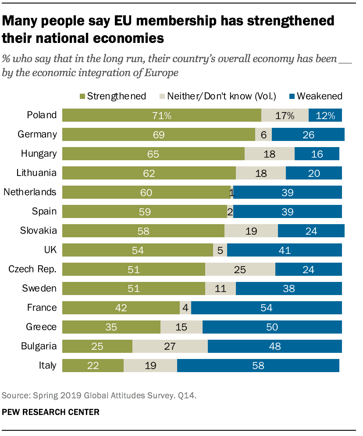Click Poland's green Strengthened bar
(x=161, y=115)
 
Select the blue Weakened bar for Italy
(x=258, y=366)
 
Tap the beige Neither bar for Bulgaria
(x=170, y=346)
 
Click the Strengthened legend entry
(x=113, y=96)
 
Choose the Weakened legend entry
(x=315, y=96)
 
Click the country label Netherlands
(x=30, y=192)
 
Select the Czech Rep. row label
(x=32, y=269)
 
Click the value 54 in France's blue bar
(x=266, y=308)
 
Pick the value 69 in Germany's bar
(x=158, y=134)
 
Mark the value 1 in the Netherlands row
(x=231, y=192)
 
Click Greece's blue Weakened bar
(x=272, y=327)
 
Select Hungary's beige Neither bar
(x=269, y=154)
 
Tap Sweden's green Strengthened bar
(x=133, y=288)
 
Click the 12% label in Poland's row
(x=325, y=115)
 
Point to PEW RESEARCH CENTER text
(x=50, y=412)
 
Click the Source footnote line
(x=99, y=396)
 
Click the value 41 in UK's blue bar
(x=284, y=250)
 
